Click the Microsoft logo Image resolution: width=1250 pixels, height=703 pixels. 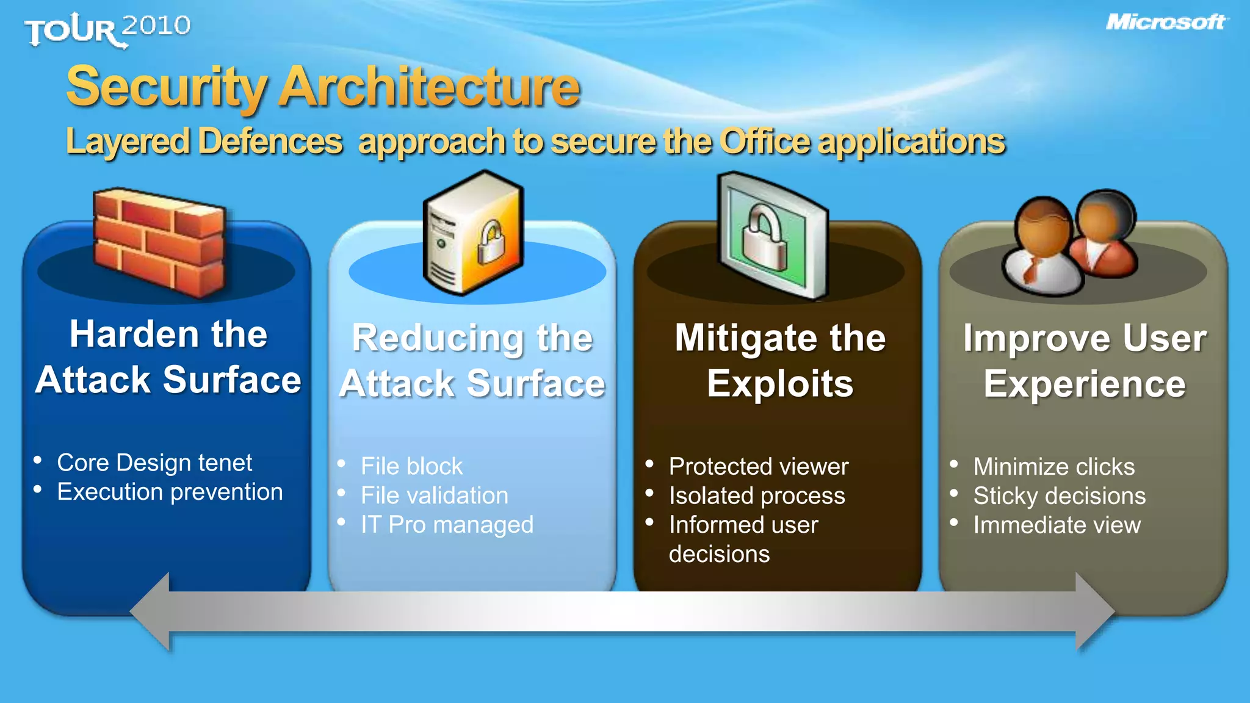(1166, 23)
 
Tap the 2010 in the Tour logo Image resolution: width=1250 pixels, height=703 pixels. (156, 26)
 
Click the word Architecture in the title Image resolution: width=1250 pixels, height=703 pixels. (429, 87)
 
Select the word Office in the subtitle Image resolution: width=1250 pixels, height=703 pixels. (765, 142)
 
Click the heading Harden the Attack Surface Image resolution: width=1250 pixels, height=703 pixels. (168, 357)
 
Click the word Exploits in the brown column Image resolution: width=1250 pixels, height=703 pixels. (779, 384)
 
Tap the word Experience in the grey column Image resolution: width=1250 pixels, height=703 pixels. (1084, 384)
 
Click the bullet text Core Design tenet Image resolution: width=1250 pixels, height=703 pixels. (154, 463)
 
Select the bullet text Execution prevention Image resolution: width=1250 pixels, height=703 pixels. (170, 492)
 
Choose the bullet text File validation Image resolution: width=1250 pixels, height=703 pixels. (434, 496)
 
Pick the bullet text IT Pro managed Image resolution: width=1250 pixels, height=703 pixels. (447, 525)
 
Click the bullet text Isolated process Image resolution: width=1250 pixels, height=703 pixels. (756, 496)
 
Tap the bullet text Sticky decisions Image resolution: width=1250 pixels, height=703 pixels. (1059, 496)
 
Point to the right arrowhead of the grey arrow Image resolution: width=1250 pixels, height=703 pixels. (1094, 611)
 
